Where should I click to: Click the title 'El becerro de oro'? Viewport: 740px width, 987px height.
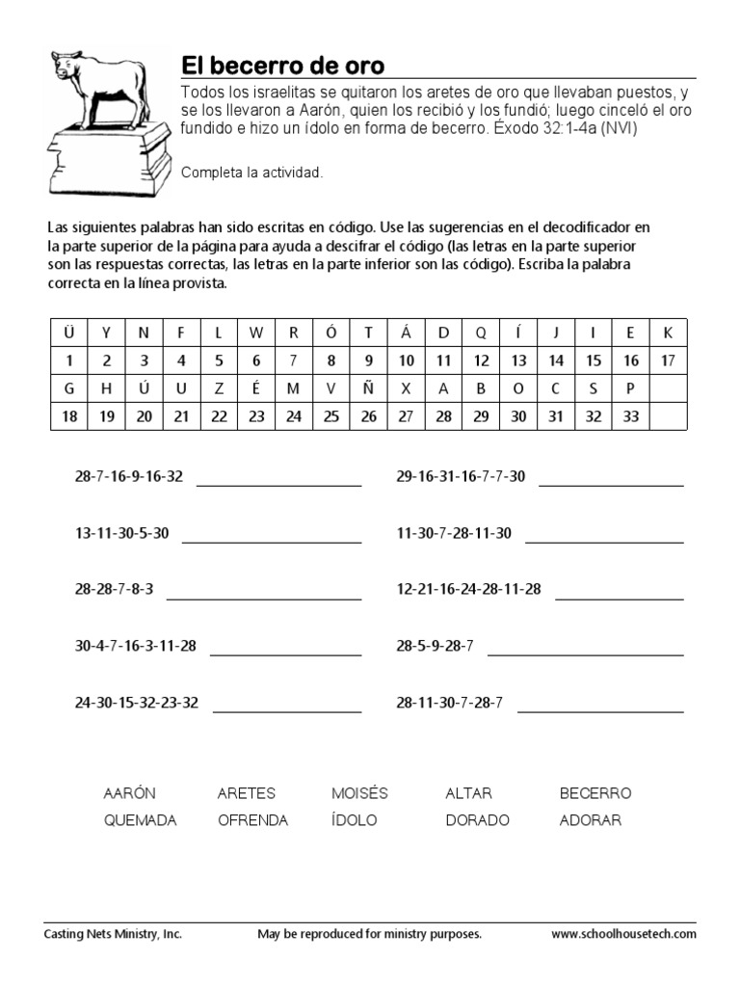point(283,66)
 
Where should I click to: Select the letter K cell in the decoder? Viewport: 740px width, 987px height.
point(668,333)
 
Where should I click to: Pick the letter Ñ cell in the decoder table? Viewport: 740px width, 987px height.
point(368,388)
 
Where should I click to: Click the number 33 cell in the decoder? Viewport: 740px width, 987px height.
point(630,416)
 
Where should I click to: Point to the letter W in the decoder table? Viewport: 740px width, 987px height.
point(255,333)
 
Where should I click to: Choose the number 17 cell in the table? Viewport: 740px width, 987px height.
point(668,360)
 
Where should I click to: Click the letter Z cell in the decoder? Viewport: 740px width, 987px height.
point(219,388)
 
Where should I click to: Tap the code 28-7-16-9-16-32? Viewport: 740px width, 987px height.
point(128,476)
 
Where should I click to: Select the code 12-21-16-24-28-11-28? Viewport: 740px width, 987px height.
point(469,589)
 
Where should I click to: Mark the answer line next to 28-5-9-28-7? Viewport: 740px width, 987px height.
point(586,655)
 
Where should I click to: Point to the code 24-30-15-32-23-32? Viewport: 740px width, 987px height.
point(136,703)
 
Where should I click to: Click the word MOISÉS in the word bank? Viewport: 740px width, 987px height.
point(359,793)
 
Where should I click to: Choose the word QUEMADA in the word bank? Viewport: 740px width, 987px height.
point(140,820)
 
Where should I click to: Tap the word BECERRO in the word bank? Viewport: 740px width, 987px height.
point(595,793)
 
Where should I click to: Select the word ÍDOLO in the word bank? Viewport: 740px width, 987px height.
point(354,820)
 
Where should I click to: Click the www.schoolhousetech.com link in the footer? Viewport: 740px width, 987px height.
point(623,934)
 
